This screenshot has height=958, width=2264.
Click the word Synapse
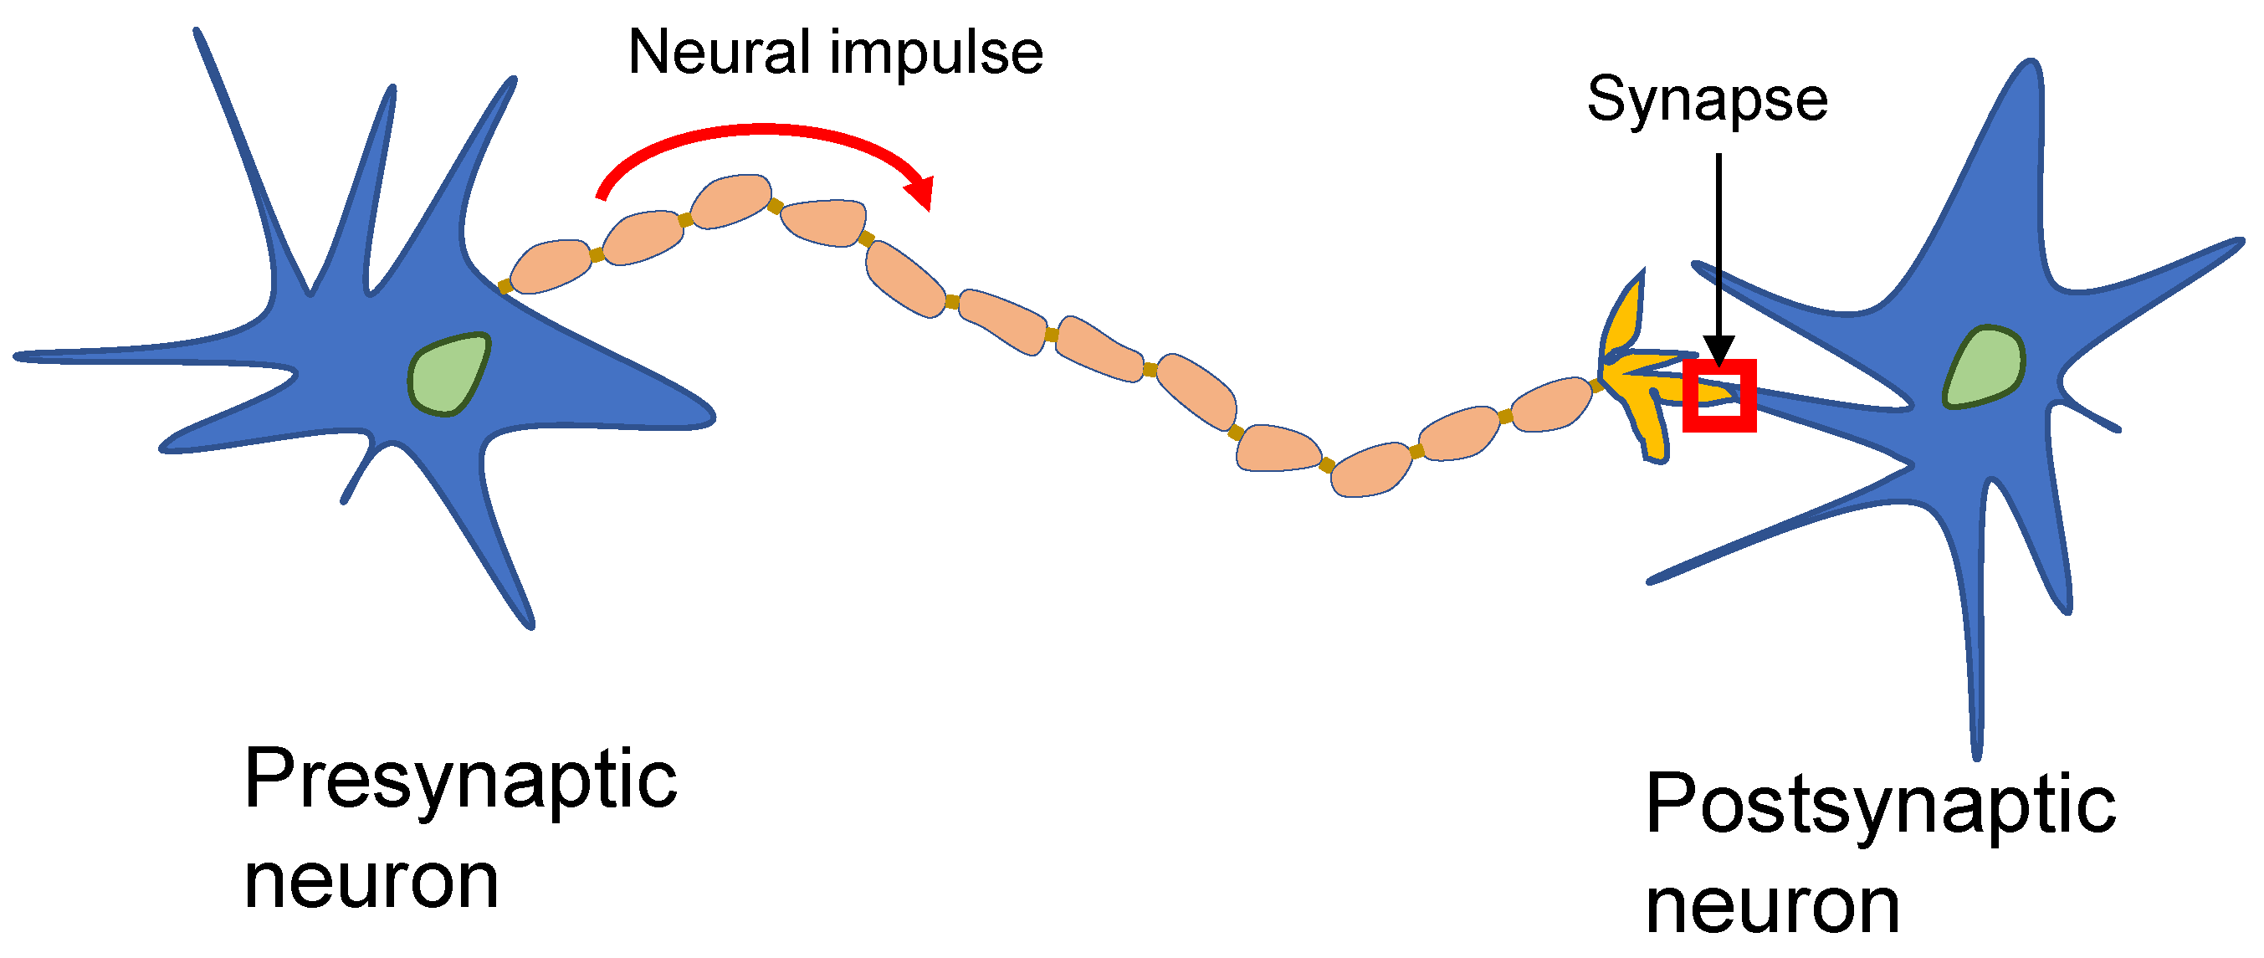pyautogui.click(x=1707, y=100)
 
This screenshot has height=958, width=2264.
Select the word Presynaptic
pyautogui.click(x=459, y=781)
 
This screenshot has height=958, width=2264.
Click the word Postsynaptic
pyautogui.click(x=1880, y=805)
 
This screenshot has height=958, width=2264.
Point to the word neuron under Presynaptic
pyautogui.click(x=371, y=882)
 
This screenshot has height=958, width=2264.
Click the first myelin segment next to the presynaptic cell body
pyautogui.click(x=551, y=265)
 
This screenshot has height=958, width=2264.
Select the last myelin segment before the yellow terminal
pyautogui.click(x=1551, y=404)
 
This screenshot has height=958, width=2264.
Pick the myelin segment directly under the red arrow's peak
pyautogui.click(x=731, y=202)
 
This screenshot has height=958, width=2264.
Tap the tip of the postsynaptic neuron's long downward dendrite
pyautogui.click(x=1976, y=754)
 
